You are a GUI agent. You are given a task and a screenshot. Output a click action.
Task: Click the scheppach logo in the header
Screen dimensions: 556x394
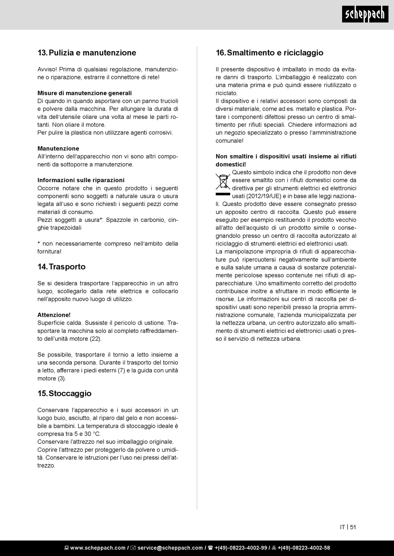(365, 14)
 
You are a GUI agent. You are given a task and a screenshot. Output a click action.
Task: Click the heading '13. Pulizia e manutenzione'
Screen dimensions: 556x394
(87, 53)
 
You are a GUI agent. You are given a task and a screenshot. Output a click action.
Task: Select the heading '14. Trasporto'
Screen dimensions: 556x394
(61, 267)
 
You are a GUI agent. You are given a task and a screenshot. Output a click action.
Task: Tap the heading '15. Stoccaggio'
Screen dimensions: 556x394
(64, 393)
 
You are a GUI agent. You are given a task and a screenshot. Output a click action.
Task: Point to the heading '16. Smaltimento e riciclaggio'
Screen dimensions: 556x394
(269, 53)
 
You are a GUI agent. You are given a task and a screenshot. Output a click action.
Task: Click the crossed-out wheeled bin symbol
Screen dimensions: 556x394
(223, 182)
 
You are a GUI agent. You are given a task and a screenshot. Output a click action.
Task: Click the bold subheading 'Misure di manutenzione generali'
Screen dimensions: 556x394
(85, 93)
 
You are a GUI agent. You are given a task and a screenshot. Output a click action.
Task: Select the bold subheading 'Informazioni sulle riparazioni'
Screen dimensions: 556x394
(81, 180)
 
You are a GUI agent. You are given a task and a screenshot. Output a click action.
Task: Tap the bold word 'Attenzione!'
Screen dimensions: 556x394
(54, 315)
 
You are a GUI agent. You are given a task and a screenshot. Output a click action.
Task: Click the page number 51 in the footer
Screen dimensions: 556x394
(353, 527)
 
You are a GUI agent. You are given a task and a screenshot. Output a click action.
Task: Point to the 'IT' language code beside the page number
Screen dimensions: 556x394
(343, 527)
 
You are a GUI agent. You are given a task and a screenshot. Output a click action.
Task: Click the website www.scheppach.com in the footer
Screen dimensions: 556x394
(97, 548)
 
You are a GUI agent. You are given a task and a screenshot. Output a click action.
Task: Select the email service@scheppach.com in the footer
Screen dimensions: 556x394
(170, 548)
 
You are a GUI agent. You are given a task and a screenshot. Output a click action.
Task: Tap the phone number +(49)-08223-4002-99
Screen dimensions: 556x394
(241, 548)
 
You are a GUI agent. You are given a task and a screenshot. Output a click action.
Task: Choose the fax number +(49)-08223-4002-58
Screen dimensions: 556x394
(304, 548)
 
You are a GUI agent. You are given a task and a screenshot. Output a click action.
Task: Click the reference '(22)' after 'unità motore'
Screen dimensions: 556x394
(95, 339)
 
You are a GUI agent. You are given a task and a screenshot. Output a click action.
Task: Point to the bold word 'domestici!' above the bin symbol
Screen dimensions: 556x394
(231, 164)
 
